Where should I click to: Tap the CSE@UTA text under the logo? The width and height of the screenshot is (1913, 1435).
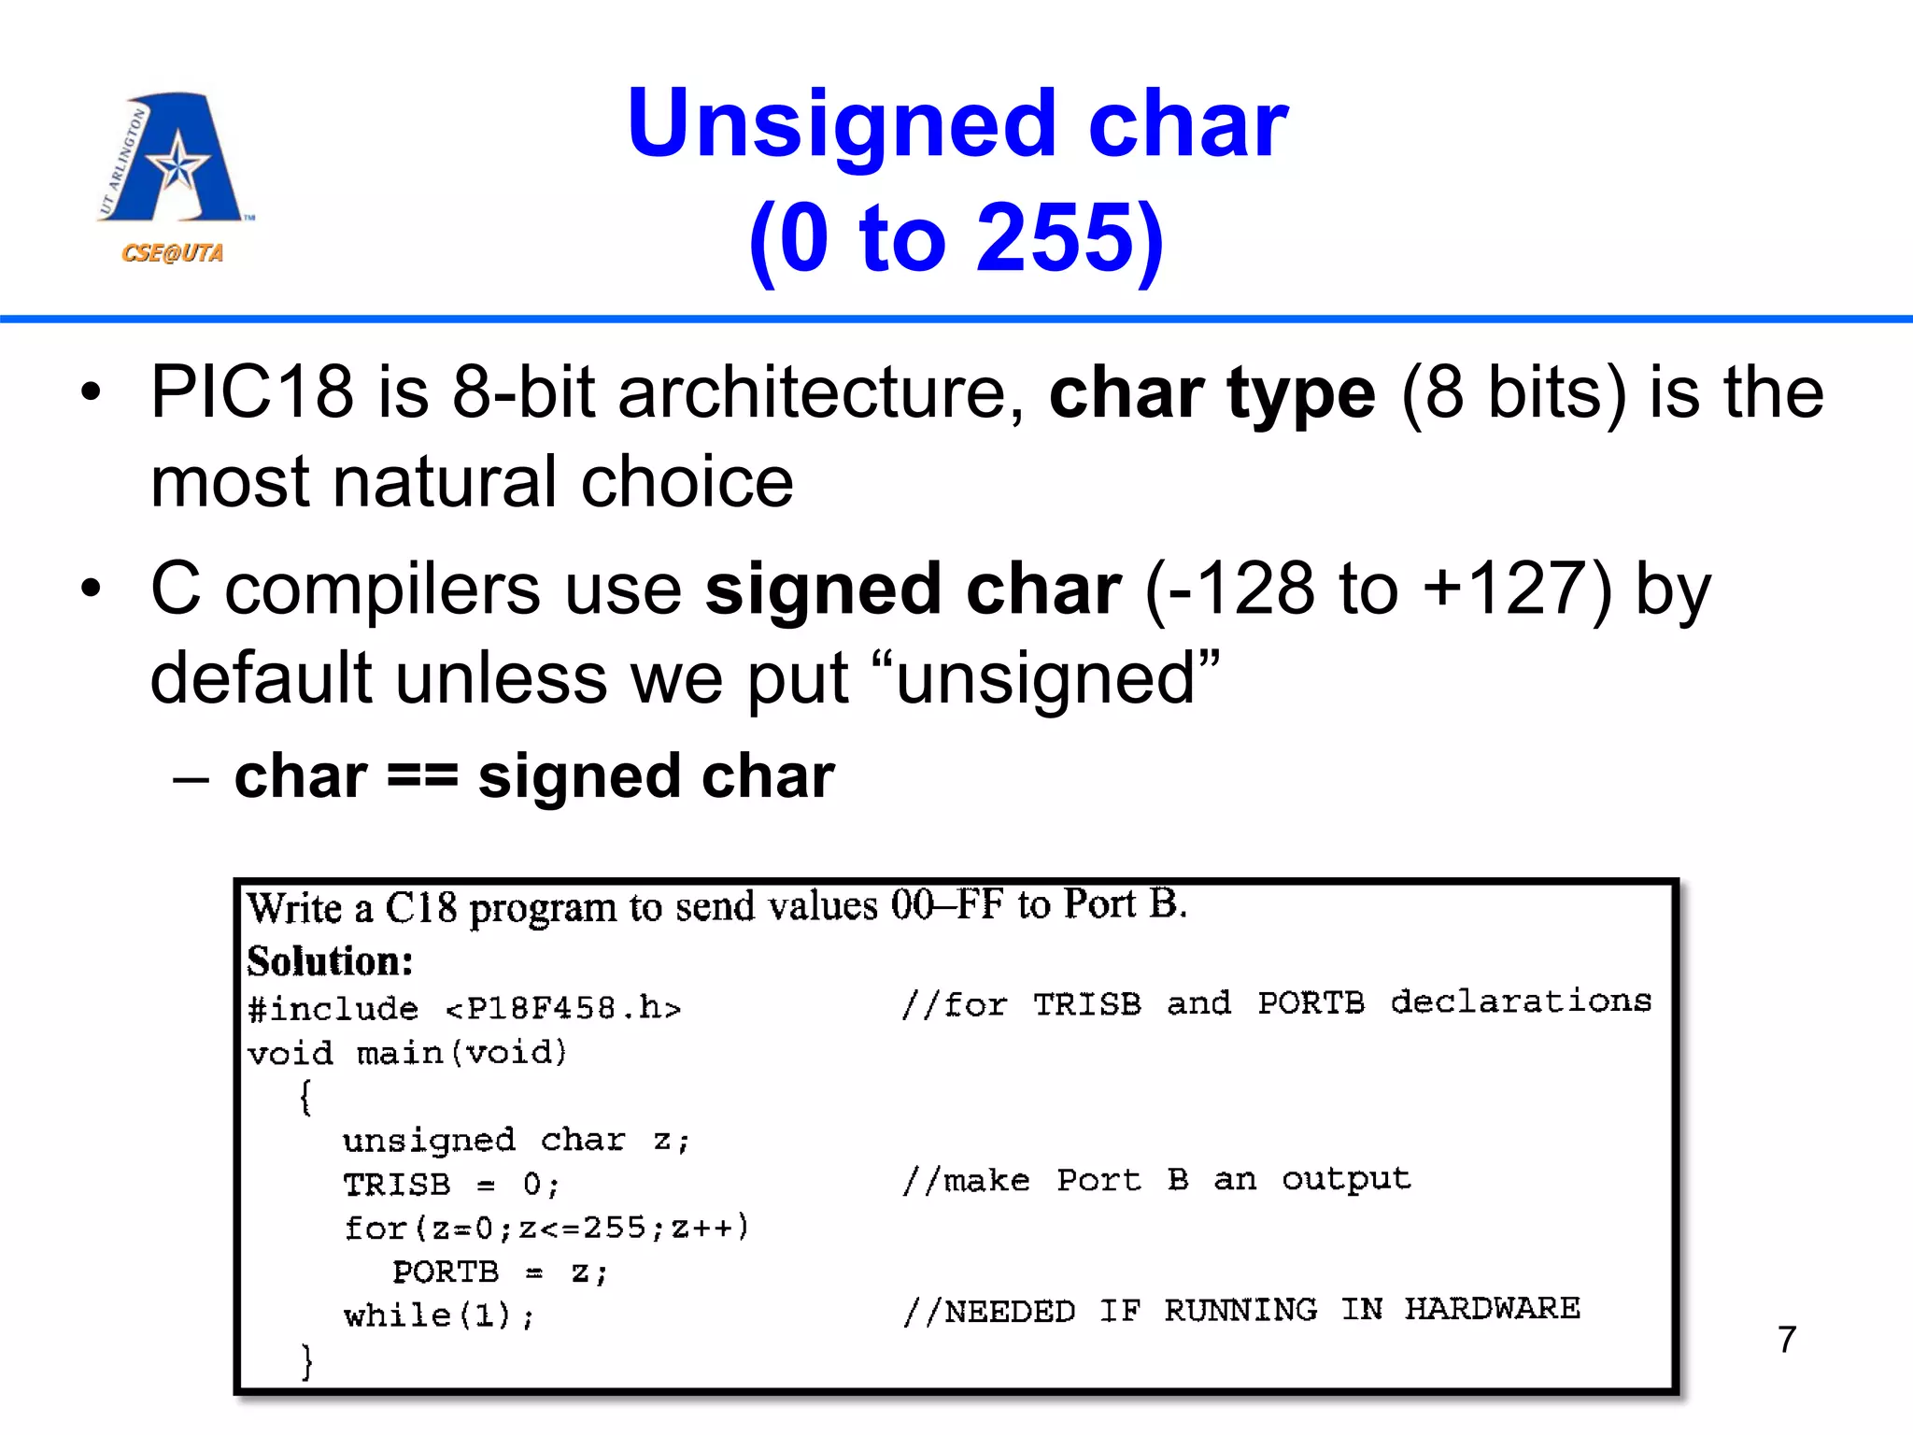(x=172, y=253)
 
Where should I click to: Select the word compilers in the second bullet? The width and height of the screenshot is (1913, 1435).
(x=382, y=590)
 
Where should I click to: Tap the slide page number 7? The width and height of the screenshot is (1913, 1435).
(x=1787, y=1339)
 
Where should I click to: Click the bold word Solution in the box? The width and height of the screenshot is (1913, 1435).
(x=330, y=961)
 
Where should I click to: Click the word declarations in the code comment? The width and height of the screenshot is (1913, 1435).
(x=1521, y=1002)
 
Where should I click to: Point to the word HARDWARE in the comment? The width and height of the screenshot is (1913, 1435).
(x=1492, y=1309)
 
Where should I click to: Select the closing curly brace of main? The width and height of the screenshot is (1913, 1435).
(x=306, y=1360)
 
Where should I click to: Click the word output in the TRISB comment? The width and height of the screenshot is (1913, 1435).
(x=1346, y=1180)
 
